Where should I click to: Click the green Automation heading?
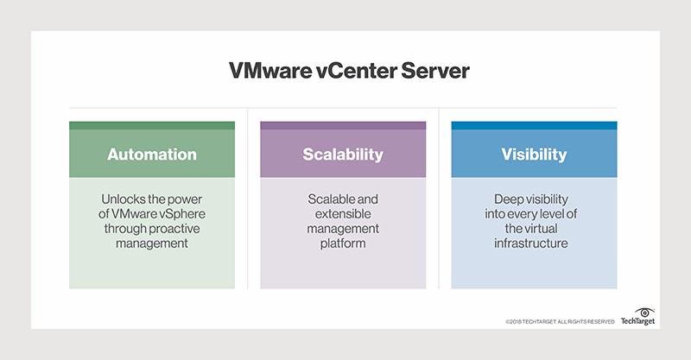pyautogui.click(x=152, y=155)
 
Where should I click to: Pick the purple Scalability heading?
pyautogui.click(x=343, y=155)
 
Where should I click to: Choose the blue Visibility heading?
pyautogui.click(x=534, y=155)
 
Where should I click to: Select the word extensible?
pyautogui.click(x=343, y=215)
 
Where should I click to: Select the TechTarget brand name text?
pyautogui.click(x=639, y=321)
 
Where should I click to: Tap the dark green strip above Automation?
pyautogui.click(x=152, y=125)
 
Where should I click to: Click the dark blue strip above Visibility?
pyautogui.click(x=534, y=125)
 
